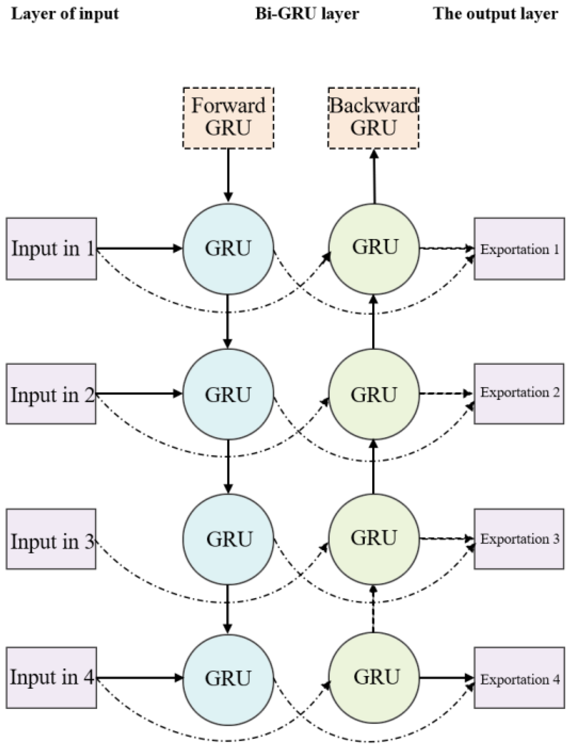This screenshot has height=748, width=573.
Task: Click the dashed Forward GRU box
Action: [228, 118]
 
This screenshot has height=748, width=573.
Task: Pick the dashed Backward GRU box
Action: [373, 118]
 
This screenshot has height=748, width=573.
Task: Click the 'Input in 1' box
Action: [51, 249]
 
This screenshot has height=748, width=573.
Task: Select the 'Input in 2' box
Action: [51, 394]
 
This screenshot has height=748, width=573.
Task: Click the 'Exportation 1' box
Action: [519, 249]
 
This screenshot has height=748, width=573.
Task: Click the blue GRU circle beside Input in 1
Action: [228, 249]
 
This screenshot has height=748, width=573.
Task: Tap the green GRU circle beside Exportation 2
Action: [374, 394]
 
